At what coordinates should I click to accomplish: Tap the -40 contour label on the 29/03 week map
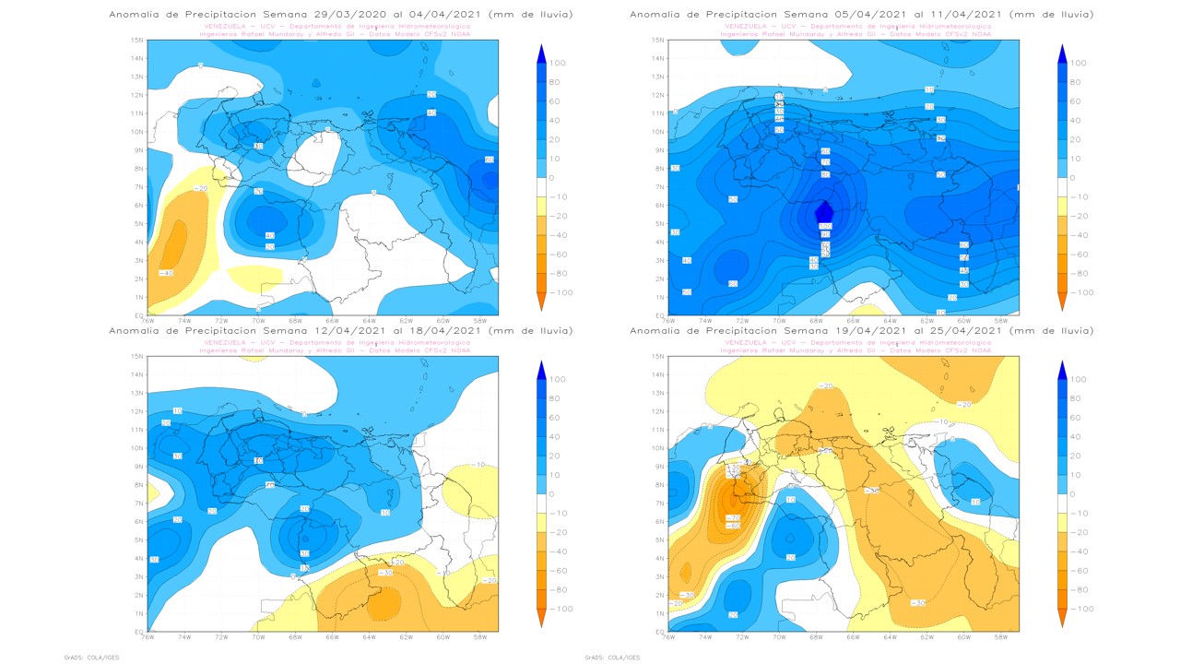pos(167,273)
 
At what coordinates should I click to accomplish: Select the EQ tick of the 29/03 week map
pos(139,315)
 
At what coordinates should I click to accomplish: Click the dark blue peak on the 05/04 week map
pos(824,212)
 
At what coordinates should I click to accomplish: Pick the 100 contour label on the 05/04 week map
pos(826,226)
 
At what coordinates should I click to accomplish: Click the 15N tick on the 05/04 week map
pos(658,41)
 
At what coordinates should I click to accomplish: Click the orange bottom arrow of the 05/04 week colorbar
pos(1062,302)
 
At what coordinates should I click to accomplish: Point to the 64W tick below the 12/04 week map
pos(369,637)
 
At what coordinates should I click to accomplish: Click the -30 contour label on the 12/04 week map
pos(387,572)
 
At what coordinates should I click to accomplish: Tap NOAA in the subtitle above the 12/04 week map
pos(460,350)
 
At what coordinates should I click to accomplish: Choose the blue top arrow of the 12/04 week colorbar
pos(541,369)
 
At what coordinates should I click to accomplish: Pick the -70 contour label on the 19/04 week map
pos(734,518)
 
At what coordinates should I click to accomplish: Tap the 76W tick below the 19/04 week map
pos(669,637)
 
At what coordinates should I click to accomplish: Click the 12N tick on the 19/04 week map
pos(658,411)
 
